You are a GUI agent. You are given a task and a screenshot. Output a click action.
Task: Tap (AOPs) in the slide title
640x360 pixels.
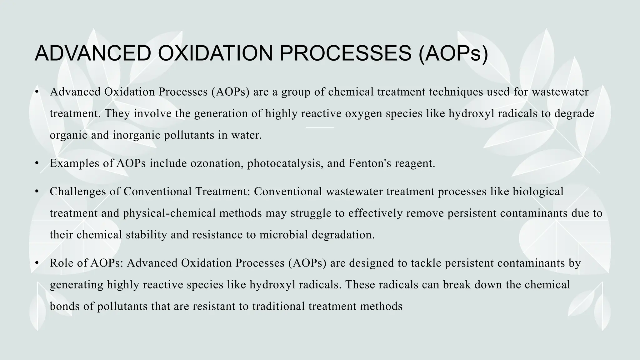pyautogui.click(x=453, y=54)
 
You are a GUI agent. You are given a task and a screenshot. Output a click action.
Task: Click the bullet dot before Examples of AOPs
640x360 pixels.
pyautogui.click(x=37, y=163)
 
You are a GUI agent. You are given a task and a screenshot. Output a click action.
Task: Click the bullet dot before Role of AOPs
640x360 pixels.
pyautogui.click(x=37, y=263)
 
